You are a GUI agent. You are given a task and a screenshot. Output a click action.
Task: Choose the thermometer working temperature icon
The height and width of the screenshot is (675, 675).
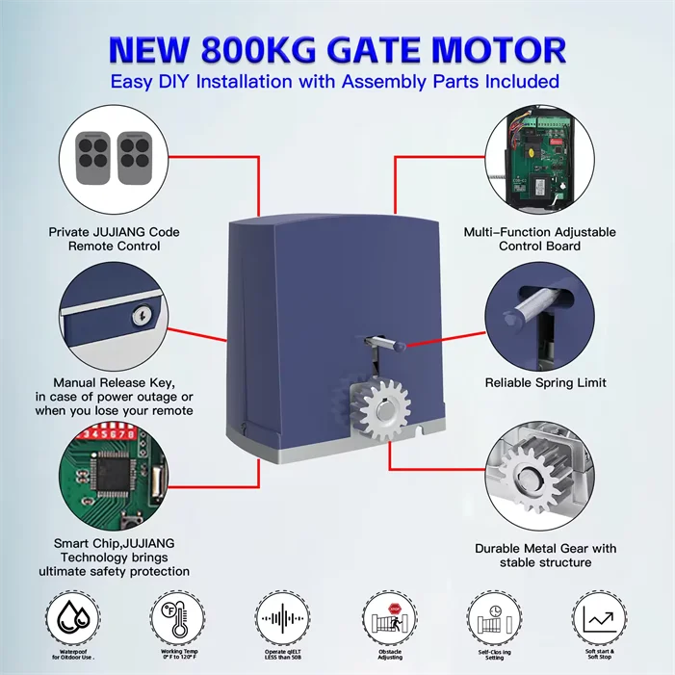tap(176, 615)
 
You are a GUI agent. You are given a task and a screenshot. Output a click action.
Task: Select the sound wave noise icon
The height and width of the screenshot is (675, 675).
tap(284, 616)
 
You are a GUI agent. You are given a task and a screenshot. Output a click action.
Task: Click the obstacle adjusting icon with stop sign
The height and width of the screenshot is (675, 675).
tap(390, 615)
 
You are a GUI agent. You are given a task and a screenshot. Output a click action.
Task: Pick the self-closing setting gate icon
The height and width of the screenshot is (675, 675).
tap(493, 615)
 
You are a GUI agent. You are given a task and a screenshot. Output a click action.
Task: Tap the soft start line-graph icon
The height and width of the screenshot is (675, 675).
tap(599, 615)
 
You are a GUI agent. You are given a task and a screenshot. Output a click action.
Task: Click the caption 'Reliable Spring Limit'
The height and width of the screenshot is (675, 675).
tap(545, 382)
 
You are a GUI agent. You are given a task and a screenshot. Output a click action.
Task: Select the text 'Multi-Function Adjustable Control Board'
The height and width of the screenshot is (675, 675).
tap(540, 239)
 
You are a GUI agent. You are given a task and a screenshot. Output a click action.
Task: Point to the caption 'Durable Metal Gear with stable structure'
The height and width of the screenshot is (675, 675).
tap(545, 555)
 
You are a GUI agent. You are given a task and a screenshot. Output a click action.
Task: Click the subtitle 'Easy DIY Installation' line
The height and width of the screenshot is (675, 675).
tap(334, 81)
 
